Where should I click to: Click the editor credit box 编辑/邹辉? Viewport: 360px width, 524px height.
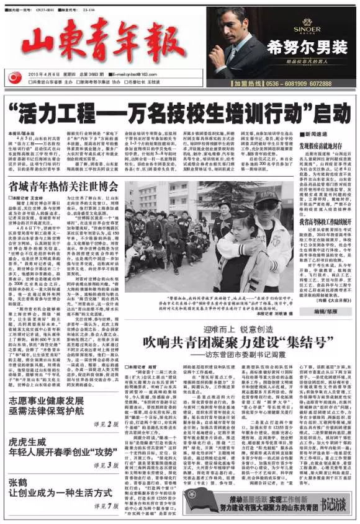pos(323,309)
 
